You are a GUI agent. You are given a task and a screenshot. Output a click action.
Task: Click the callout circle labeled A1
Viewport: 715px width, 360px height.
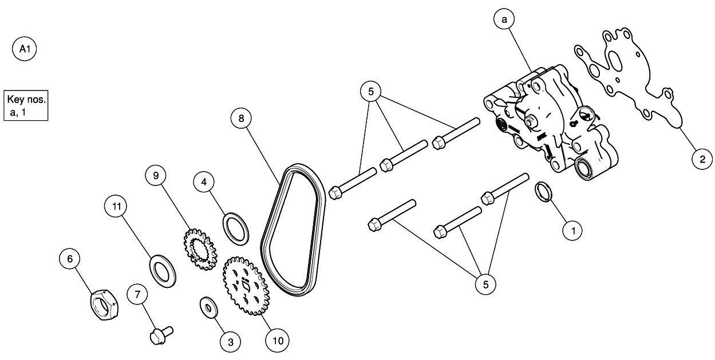pos(25,50)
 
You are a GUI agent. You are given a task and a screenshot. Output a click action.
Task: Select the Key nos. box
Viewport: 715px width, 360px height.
pos(25,105)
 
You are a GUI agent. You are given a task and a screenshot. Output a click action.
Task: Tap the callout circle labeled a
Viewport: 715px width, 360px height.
pos(504,20)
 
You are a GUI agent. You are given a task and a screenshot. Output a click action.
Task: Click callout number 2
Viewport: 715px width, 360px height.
pos(701,159)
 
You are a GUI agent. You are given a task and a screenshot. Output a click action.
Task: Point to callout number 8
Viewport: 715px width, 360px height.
pos(241,118)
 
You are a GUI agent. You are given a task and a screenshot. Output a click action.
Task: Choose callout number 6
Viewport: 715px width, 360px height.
pos(70,259)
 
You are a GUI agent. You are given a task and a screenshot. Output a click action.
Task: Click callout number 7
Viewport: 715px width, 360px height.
pos(137,294)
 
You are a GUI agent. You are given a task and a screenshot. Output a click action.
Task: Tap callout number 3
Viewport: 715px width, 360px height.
pos(231,342)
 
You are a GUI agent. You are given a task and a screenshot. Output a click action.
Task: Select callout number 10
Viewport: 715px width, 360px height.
pos(277,340)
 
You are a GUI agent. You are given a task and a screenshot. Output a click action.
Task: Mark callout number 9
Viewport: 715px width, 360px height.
pos(155,176)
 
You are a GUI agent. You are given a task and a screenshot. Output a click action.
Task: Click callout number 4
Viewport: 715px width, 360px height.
pos(204,183)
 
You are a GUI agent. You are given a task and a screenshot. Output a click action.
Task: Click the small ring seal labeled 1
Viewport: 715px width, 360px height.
pos(544,192)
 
